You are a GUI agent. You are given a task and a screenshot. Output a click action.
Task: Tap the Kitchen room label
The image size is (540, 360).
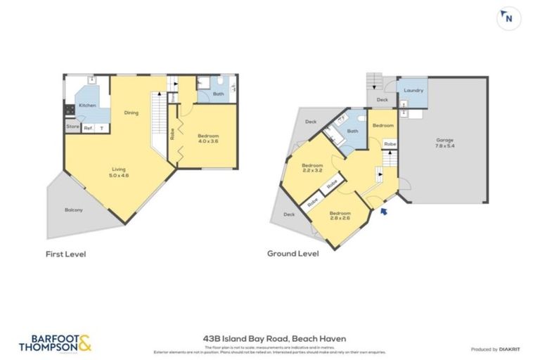tap(87, 105)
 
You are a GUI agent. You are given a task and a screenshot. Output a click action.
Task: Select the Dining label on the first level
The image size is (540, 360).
tap(131, 112)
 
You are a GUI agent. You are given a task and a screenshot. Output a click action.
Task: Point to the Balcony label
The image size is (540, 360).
tap(74, 210)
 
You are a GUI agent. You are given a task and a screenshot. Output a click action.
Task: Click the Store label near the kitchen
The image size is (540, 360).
tap(72, 127)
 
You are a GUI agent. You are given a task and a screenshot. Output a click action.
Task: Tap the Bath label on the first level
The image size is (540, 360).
tap(219, 94)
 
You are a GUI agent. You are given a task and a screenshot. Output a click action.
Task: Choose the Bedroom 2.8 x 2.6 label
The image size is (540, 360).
tap(340, 215)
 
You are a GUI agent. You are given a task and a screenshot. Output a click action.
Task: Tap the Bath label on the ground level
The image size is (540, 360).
tap(352, 131)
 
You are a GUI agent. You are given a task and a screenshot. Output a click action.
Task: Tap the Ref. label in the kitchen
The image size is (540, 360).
tap(89, 128)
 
